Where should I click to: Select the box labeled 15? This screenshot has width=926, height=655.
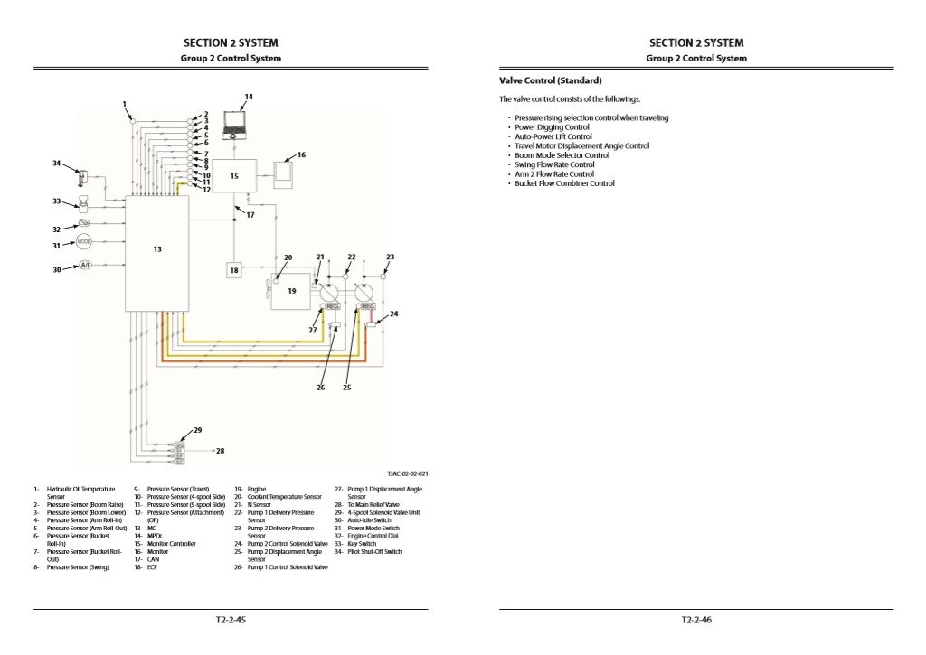click(x=234, y=176)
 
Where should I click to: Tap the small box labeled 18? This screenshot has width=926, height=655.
click(x=233, y=270)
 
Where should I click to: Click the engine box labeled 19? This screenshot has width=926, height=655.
click(x=291, y=291)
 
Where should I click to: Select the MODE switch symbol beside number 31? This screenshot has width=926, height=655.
click(x=84, y=243)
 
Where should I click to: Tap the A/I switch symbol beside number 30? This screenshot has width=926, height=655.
click(x=85, y=266)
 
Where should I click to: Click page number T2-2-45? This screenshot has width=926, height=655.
click(x=231, y=620)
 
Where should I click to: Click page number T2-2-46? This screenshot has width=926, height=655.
click(x=696, y=620)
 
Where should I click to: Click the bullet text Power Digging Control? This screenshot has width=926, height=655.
click(x=552, y=127)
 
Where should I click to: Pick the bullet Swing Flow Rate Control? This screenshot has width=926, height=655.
click(x=554, y=164)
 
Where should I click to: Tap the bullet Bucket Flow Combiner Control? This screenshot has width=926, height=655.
click(x=564, y=183)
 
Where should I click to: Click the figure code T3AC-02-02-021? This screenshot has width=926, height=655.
click(x=407, y=473)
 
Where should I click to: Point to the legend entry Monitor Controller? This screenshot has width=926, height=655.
click(x=172, y=544)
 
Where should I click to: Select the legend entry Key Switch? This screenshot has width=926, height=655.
click(x=362, y=544)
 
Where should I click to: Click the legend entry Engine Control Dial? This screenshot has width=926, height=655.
click(x=374, y=536)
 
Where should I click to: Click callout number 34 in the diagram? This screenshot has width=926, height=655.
click(x=56, y=164)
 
